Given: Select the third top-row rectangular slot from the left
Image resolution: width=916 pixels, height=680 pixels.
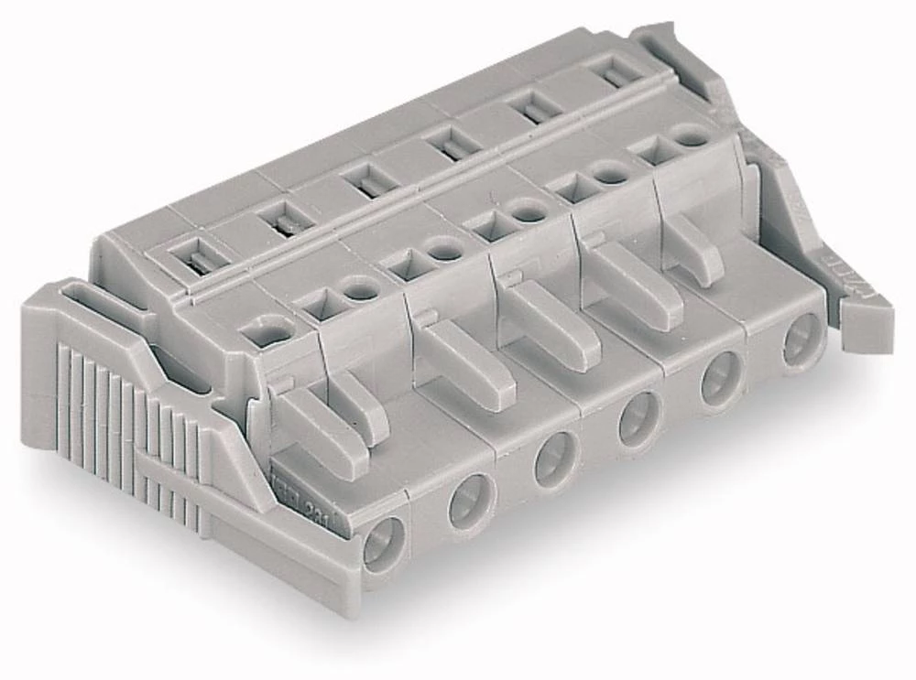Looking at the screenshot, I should coord(366,180).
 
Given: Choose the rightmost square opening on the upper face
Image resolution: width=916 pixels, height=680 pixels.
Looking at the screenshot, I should coord(653,153).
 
